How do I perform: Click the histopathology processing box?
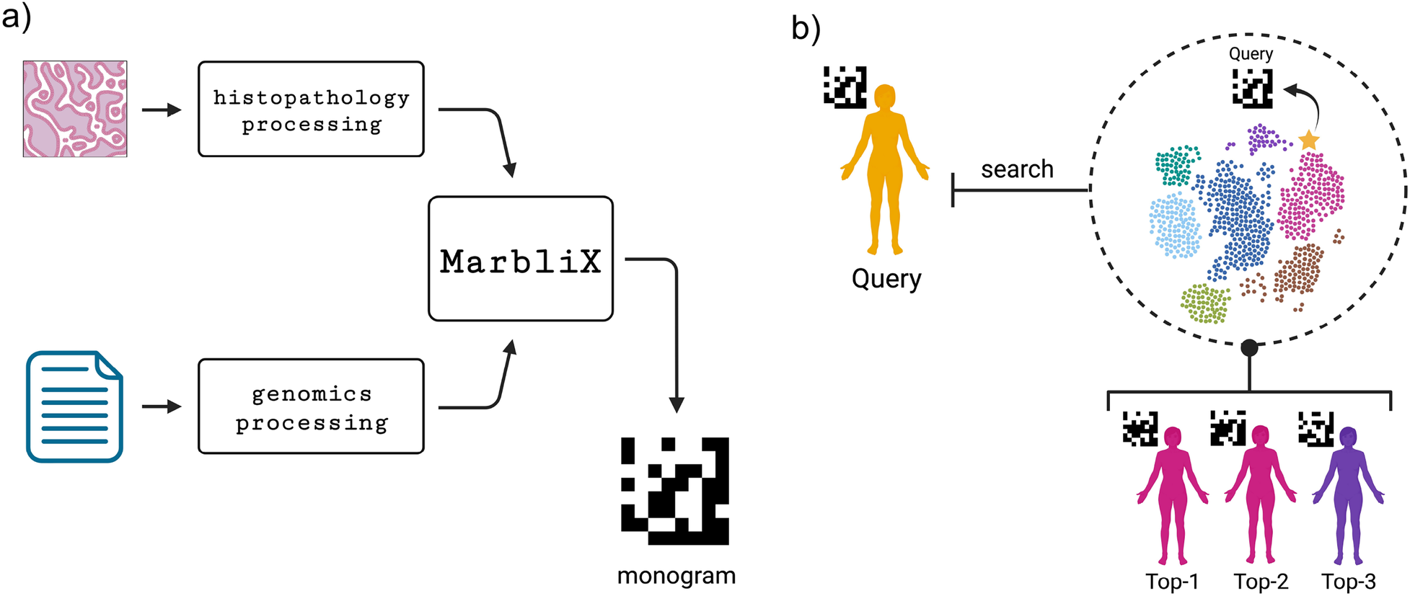point(311,109)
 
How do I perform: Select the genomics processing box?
point(311,406)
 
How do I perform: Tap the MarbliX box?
point(520,259)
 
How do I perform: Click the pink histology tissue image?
point(75,109)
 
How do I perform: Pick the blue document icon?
point(74,406)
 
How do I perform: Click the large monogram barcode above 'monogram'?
point(674,491)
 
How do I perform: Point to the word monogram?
point(676,576)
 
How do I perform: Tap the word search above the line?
point(1017,169)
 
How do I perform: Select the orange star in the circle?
point(1308,140)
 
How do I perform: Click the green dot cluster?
point(1205,303)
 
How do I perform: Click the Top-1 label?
point(1172,582)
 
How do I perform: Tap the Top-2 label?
point(1261,582)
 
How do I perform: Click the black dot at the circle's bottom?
point(1249,348)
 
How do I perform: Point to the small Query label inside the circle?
point(1251,54)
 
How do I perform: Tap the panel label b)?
point(806,29)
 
